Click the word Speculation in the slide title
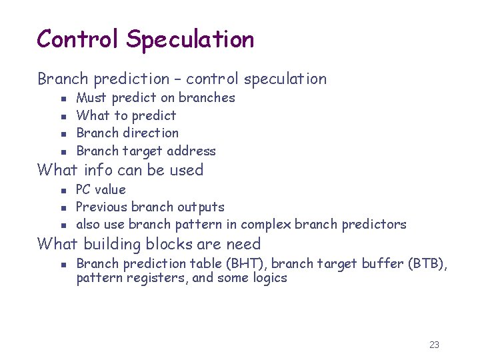[x=191, y=40]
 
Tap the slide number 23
[x=434, y=345]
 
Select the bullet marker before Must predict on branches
[x=61, y=98]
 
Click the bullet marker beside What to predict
[x=61, y=116]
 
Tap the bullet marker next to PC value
[x=61, y=190]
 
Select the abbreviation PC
[x=85, y=190]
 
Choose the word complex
[x=268, y=225]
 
